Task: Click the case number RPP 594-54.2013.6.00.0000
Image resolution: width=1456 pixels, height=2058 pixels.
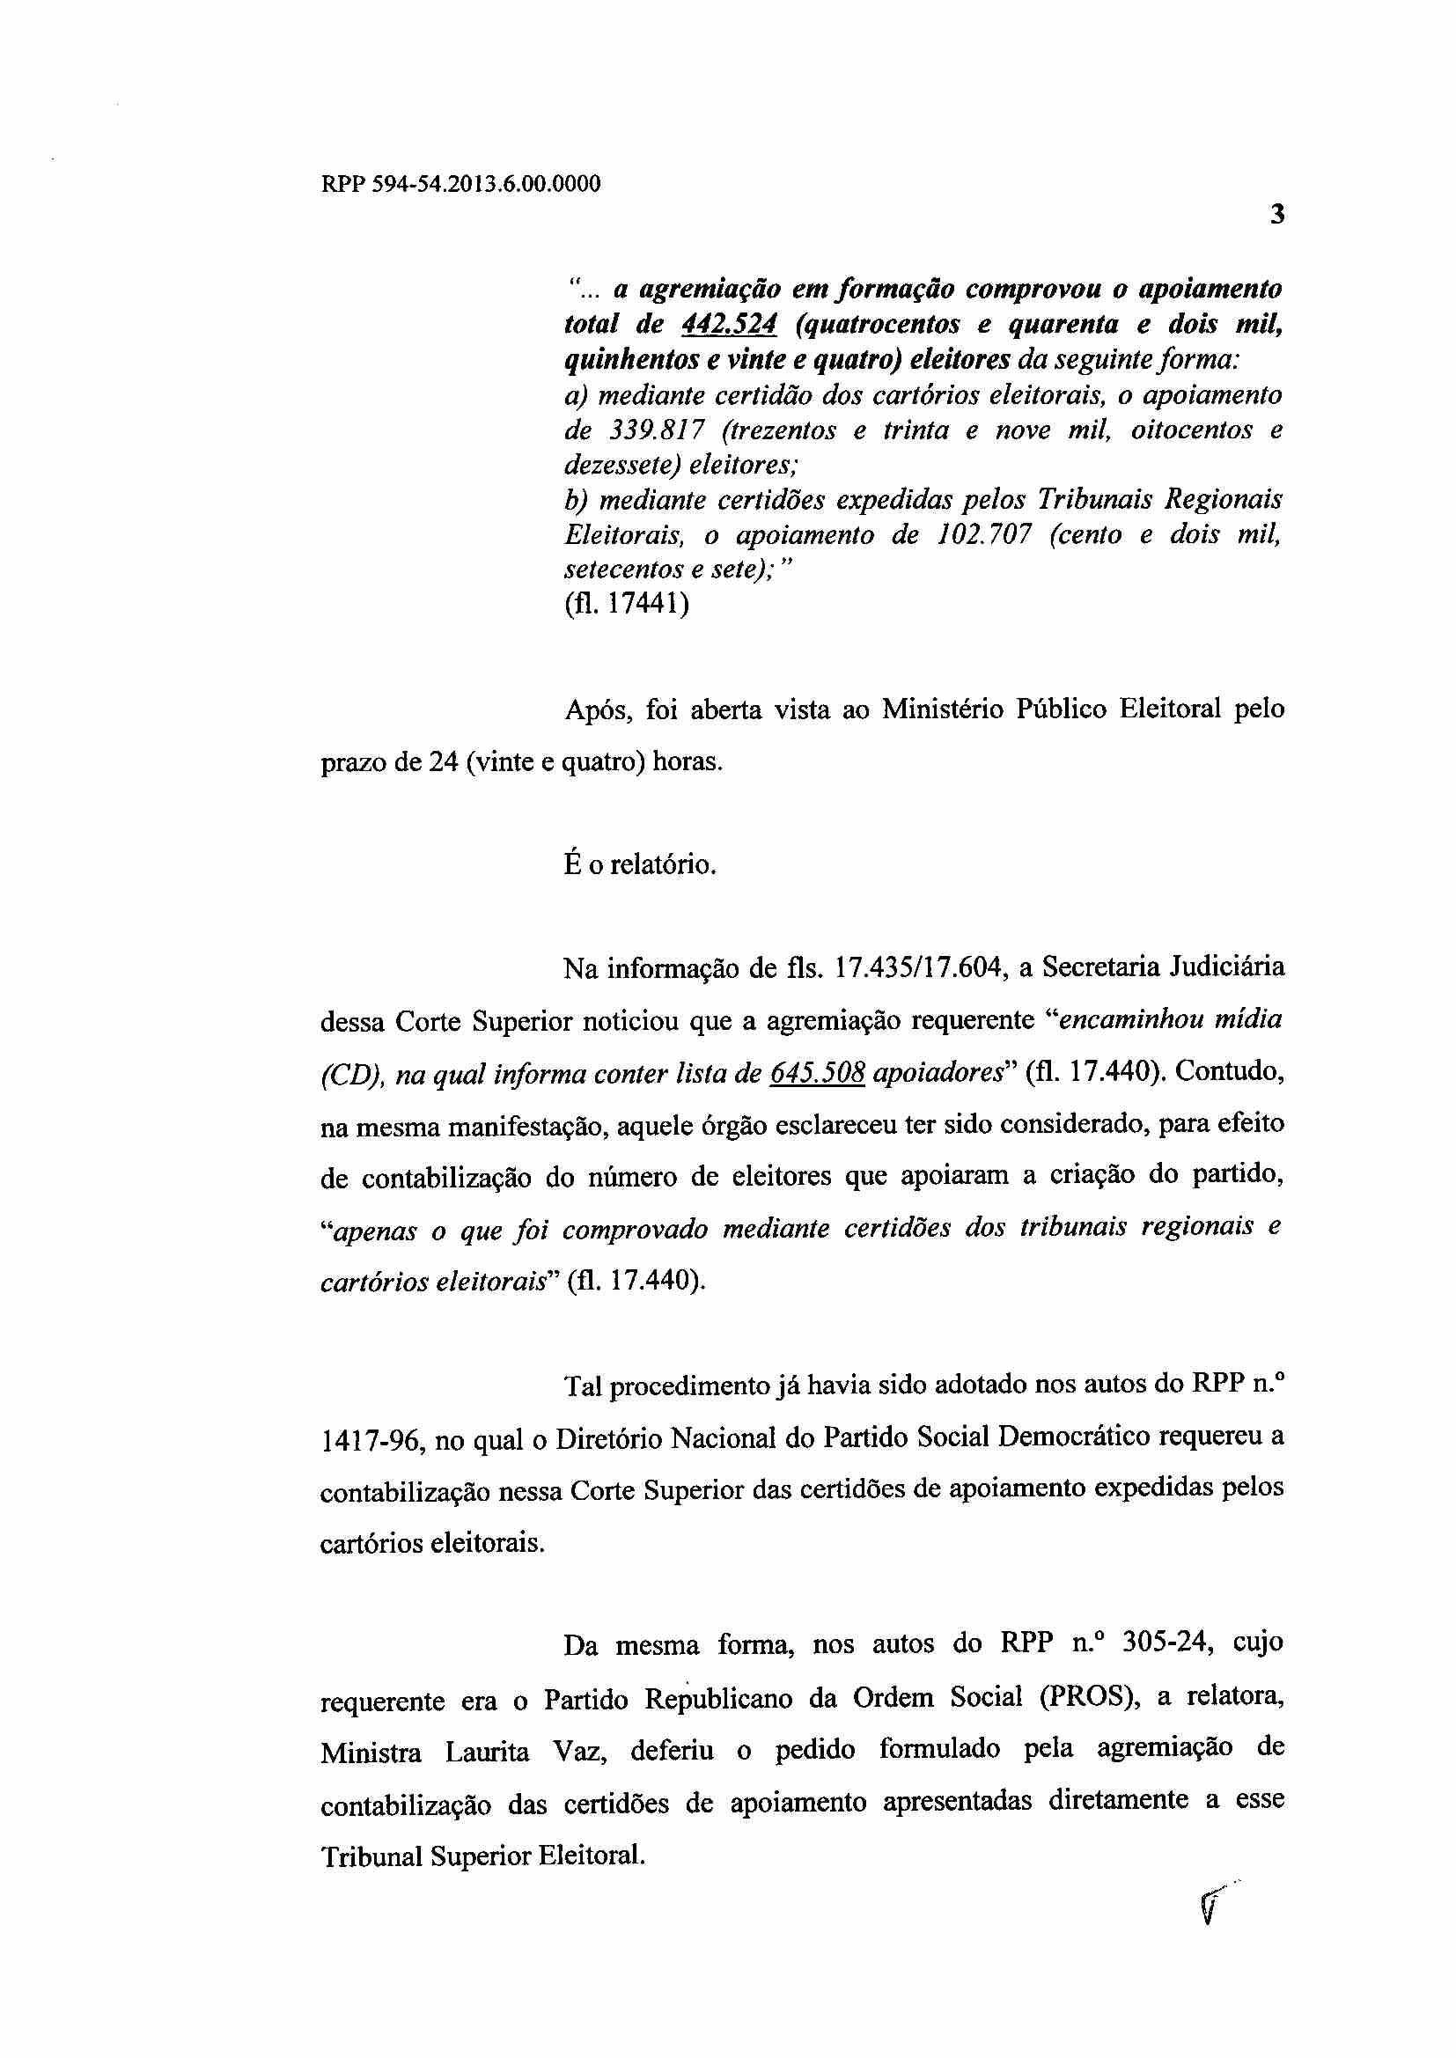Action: [x=460, y=185]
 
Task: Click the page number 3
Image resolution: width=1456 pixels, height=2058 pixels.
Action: [x=1277, y=215]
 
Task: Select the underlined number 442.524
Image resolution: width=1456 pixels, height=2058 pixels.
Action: [x=729, y=325]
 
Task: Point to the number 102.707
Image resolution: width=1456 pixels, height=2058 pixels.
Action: [x=984, y=535]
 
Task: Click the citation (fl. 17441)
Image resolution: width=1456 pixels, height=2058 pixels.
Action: [x=627, y=604]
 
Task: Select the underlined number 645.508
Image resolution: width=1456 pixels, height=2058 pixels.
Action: [x=817, y=1073]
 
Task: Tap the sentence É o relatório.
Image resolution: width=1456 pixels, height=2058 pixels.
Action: [x=639, y=865]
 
